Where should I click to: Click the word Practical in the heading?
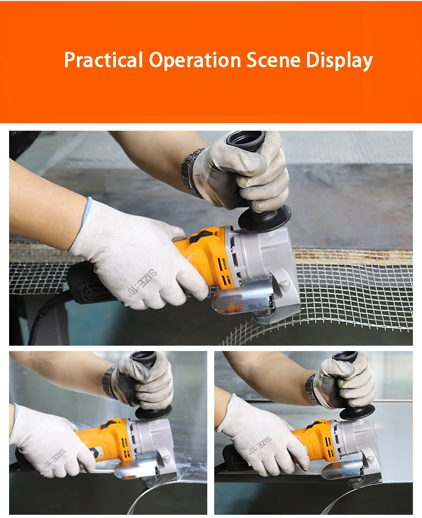click(104, 60)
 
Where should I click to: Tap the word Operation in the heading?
click(195, 60)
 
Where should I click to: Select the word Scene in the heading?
click(273, 60)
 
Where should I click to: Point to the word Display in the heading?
click(339, 61)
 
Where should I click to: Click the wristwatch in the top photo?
click(192, 172)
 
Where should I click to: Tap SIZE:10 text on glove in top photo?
click(142, 282)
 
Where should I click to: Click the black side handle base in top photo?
click(264, 218)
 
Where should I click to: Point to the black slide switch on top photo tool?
click(201, 236)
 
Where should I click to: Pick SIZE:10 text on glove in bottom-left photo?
click(55, 458)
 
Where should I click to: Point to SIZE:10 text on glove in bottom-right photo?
click(261, 444)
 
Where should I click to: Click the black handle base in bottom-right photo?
click(357, 412)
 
